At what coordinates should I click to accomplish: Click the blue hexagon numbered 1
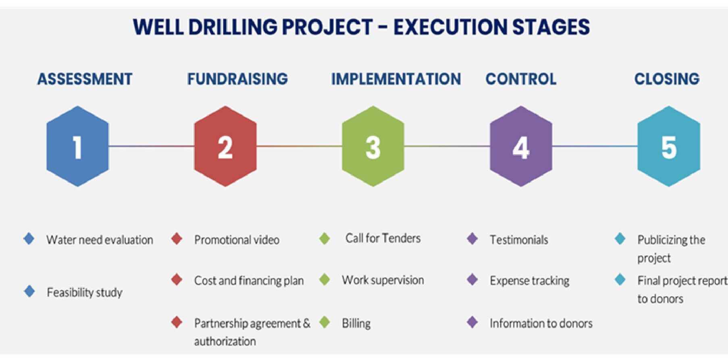[77, 146]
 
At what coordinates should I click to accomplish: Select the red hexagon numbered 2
[225, 146]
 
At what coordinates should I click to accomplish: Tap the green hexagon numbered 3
[373, 146]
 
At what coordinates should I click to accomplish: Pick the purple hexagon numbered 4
[521, 146]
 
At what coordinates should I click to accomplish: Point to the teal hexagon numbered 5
[669, 146]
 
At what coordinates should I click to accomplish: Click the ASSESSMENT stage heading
[85, 79]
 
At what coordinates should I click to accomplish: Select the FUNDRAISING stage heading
[238, 79]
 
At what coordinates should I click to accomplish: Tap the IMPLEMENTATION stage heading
[396, 79]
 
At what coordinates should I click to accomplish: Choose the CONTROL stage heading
[521, 79]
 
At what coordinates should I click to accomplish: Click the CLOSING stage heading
[667, 79]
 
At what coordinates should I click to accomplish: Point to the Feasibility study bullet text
[85, 292]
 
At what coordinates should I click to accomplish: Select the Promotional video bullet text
[237, 240]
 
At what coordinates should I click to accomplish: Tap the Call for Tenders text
[383, 238]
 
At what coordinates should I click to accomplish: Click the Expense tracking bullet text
[530, 281]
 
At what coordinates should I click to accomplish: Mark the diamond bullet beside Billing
[324, 323]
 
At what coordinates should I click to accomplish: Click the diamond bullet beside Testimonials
[472, 239]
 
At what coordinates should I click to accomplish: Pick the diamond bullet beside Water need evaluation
[29, 239]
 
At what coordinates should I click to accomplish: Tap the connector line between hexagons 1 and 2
[152, 146]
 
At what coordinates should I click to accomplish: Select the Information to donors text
[541, 323]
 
